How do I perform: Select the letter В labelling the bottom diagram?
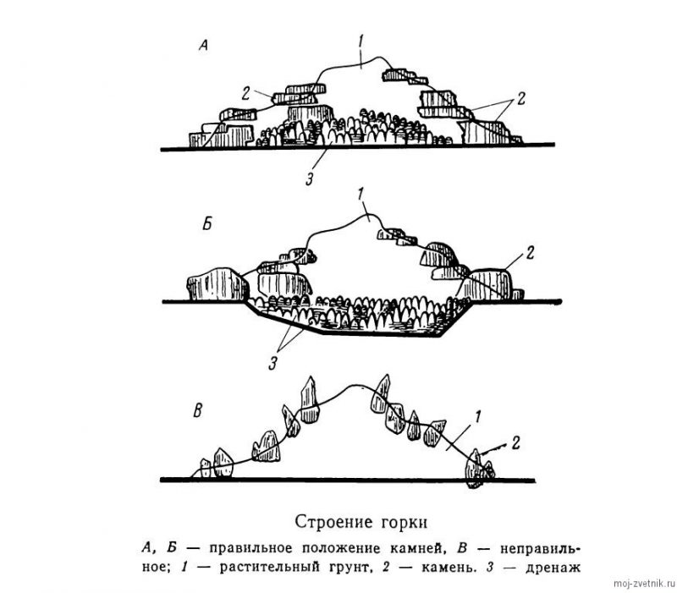click(197, 412)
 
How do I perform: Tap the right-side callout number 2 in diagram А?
click(521, 98)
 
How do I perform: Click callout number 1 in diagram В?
click(477, 415)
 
